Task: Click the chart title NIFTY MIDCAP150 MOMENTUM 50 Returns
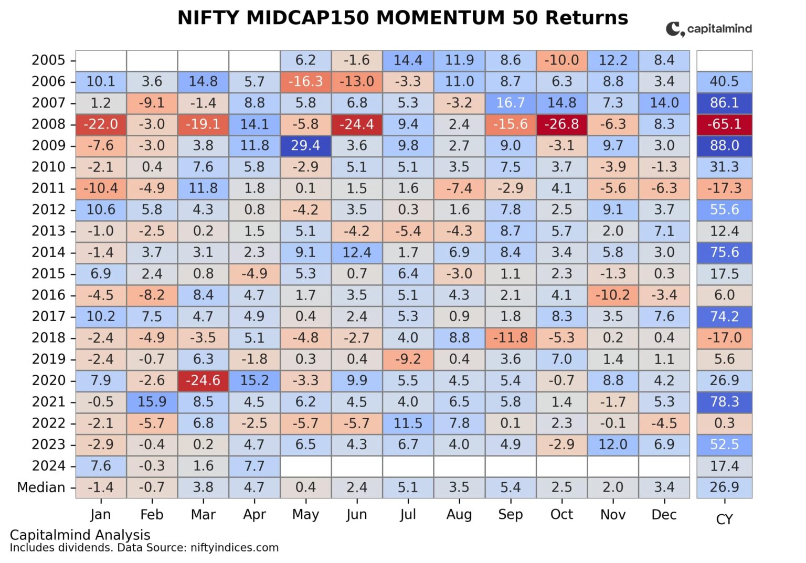pos(402,18)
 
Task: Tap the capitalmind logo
pos(708,29)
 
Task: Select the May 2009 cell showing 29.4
pos(305,145)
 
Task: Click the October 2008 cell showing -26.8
pos(561,124)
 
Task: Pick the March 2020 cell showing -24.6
pos(203,380)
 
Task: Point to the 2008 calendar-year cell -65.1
pos(724,124)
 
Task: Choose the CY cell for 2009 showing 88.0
pos(724,145)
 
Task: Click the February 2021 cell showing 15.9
pos(152,402)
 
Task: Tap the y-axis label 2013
pos(48,231)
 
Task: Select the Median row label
pos(41,487)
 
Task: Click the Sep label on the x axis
pos(510,515)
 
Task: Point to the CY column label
pos(724,519)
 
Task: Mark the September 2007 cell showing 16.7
pos(510,103)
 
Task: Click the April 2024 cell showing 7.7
pos(254,466)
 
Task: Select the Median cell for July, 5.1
pos(408,487)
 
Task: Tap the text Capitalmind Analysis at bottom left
pos(80,535)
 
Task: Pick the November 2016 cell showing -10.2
pos(612,295)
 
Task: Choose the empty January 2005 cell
pos(101,60)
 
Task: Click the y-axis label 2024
pos(48,466)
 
